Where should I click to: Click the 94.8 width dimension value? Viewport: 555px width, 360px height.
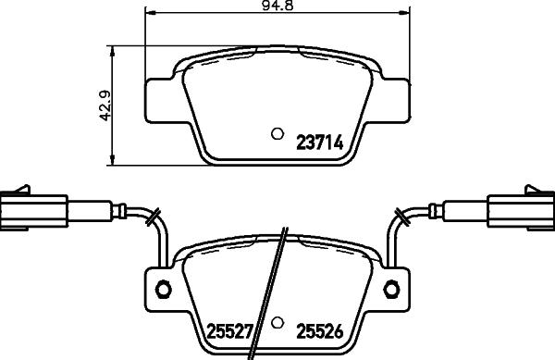274,6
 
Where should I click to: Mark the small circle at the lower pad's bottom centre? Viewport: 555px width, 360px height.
277,324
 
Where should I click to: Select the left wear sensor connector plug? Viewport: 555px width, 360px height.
32,209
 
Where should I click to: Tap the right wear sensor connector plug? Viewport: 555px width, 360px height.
521,209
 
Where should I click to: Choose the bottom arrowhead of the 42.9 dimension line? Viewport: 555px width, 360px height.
113,165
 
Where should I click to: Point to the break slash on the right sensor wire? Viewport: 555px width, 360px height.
401,218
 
